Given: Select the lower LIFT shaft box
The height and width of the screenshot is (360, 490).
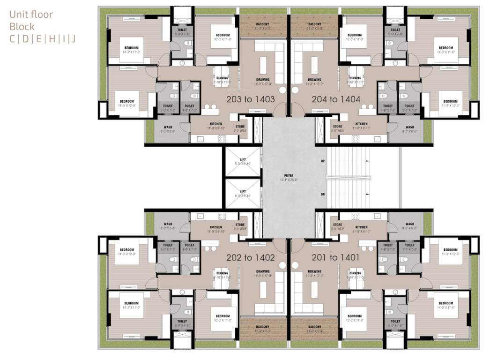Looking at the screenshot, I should pyautogui.click(x=243, y=193).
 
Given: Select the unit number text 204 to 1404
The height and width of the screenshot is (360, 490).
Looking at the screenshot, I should pyautogui.click(x=336, y=99).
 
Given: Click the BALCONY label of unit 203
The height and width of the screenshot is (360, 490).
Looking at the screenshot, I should pyautogui.click(x=262, y=24).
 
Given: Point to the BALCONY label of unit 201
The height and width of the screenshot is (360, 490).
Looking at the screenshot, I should pyautogui.click(x=314, y=327).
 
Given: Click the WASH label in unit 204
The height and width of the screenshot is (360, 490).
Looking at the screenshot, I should pyautogui.click(x=409, y=127).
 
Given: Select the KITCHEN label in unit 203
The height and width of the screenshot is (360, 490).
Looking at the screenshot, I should pyautogui.click(x=209, y=124).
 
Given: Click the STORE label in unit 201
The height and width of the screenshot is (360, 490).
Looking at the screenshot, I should pyautogui.click(x=337, y=224).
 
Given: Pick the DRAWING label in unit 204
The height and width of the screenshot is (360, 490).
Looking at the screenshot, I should pyautogui.click(x=314, y=80).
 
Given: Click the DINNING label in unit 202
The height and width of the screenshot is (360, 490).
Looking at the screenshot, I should pyautogui.click(x=222, y=273).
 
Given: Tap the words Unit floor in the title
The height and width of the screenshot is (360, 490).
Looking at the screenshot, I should pyautogui.click(x=31, y=15).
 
